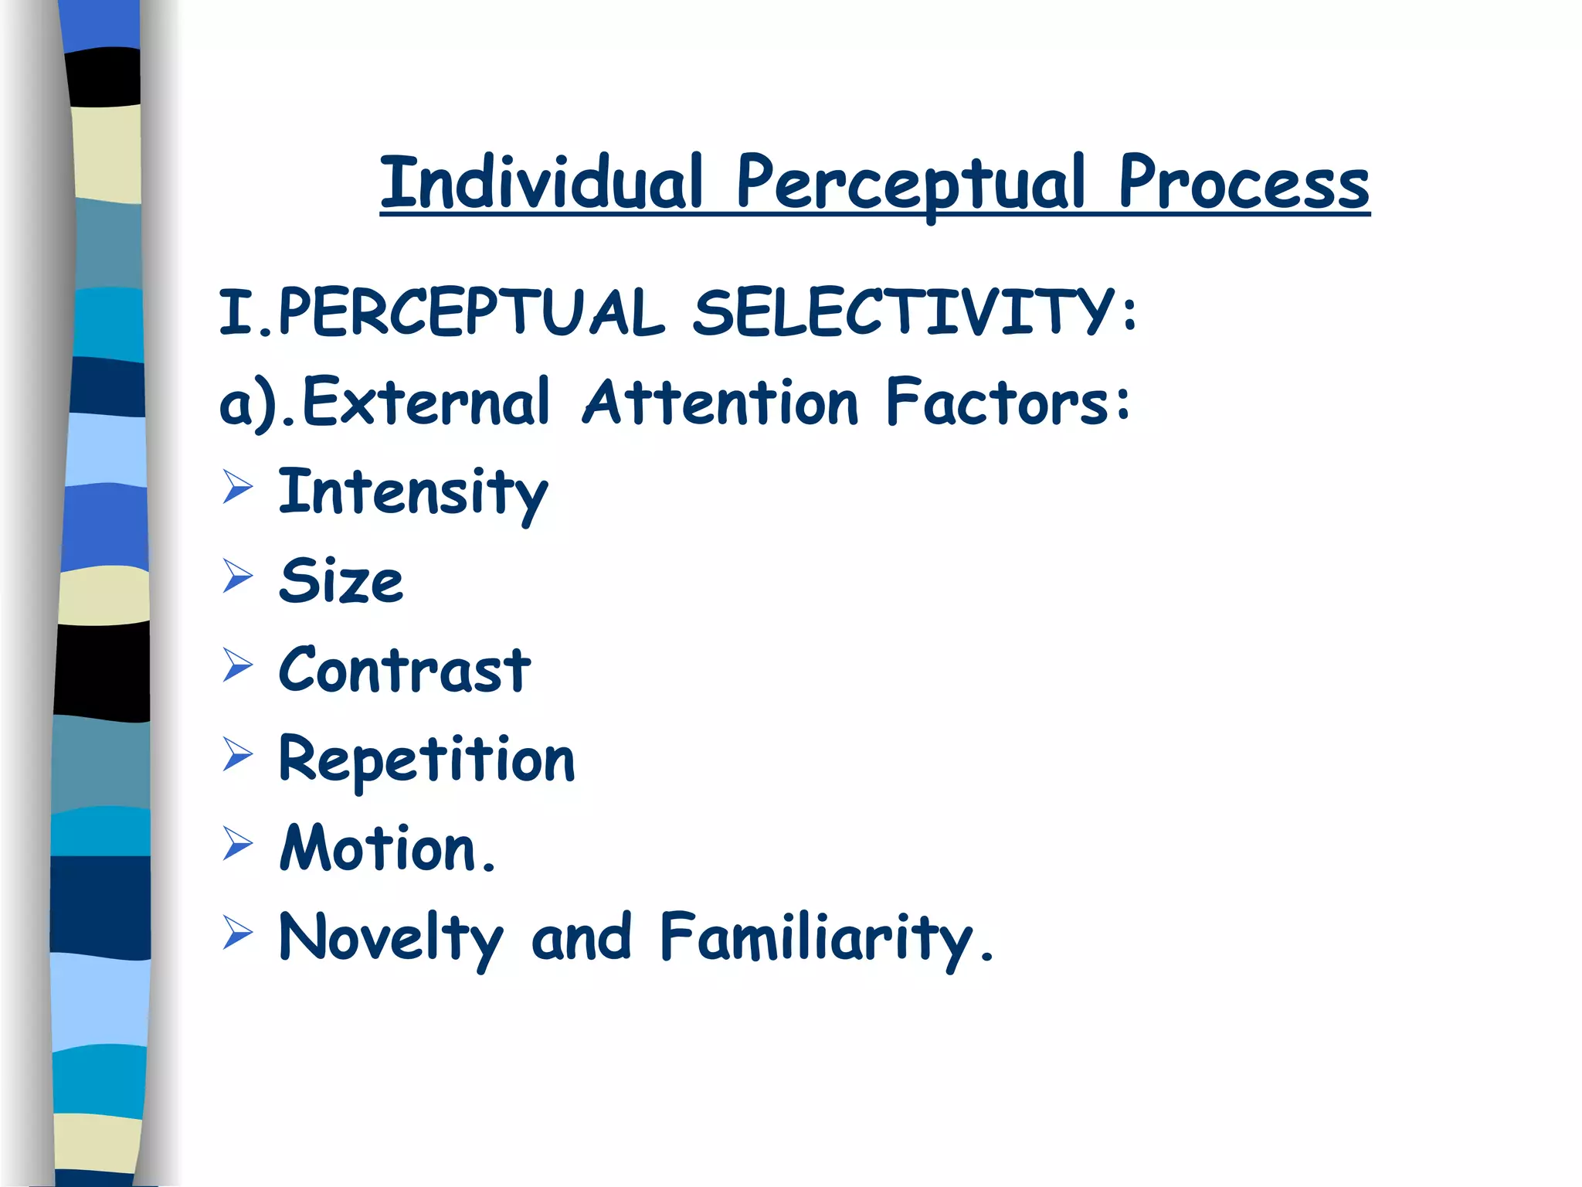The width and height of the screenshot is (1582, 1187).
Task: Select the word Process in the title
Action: pyautogui.click(x=1243, y=184)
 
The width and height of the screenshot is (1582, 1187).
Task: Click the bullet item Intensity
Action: pyautogui.click(x=412, y=492)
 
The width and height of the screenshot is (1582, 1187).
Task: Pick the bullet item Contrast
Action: pyautogui.click(x=404, y=669)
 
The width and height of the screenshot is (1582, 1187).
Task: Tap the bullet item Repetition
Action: pyautogui.click(x=426, y=760)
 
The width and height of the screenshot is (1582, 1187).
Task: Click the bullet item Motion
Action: pyautogui.click(x=386, y=848)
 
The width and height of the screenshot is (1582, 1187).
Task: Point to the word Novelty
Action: pyautogui.click(x=390, y=938)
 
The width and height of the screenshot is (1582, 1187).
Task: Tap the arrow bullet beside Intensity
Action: pyautogui.click(x=237, y=487)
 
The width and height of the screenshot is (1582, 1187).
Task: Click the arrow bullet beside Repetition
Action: pyautogui.click(x=237, y=754)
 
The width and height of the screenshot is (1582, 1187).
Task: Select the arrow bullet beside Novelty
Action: pyautogui.click(x=237, y=932)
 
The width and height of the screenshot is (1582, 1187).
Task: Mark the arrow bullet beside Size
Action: pyautogui.click(x=237, y=576)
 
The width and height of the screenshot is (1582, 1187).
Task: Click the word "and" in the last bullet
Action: pyautogui.click(x=581, y=937)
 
